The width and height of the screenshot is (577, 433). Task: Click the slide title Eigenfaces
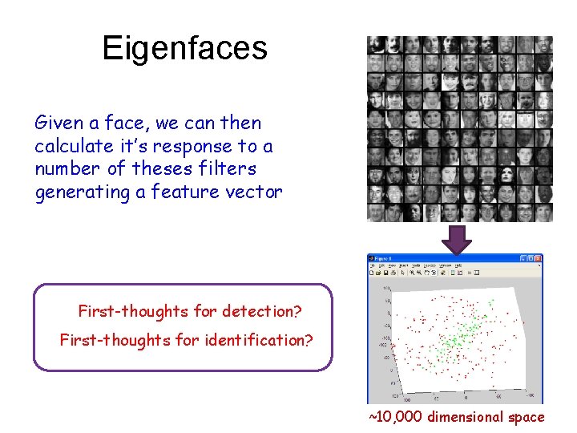[x=184, y=49]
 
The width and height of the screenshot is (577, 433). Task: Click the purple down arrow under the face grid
[x=458, y=239]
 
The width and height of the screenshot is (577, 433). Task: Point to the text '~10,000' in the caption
[x=396, y=417]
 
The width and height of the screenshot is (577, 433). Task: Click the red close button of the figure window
[x=539, y=259]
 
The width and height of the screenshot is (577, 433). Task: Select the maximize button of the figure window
[x=531, y=259]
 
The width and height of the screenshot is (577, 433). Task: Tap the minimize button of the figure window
[x=523, y=259]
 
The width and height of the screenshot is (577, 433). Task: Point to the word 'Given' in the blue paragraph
[x=57, y=123]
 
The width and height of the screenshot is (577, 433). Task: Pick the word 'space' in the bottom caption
[x=525, y=417]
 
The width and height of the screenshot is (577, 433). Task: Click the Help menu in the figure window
[x=458, y=265]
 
